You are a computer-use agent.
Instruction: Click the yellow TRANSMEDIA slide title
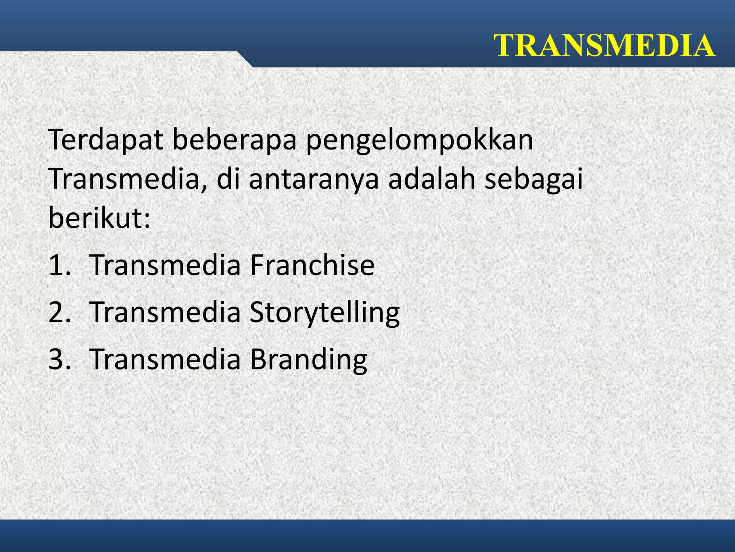pyautogui.click(x=604, y=46)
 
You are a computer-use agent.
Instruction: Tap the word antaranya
pyautogui.click(x=314, y=180)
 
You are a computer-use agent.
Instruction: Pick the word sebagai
pyautogui.click(x=534, y=180)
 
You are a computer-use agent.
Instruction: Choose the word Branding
pyautogui.click(x=308, y=360)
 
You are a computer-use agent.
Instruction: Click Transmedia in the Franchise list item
pyautogui.click(x=165, y=265)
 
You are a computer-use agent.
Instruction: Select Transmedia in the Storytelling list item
pyautogui.click(x=165, y=312)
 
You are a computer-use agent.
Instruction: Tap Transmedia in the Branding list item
pyautogui.click(x=165, y=359)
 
